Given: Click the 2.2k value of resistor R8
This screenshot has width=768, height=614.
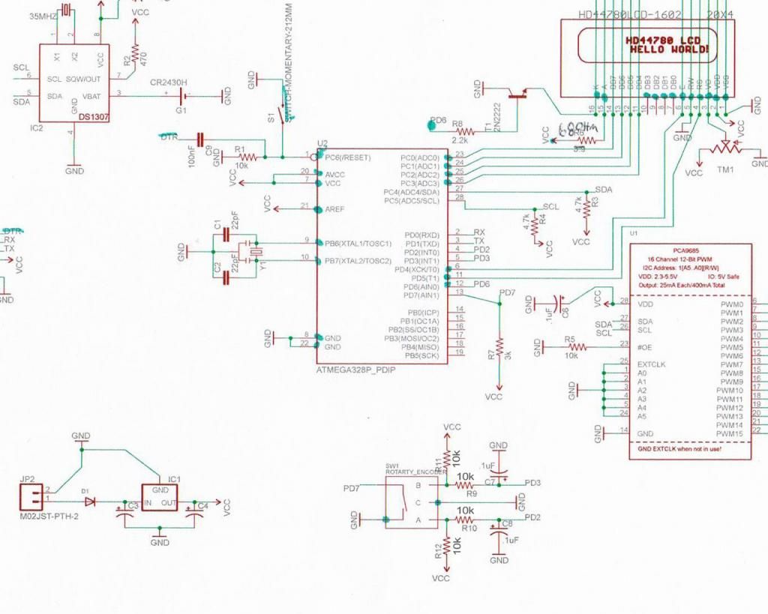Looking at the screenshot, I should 460,139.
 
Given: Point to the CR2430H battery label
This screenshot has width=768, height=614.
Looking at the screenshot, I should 169,82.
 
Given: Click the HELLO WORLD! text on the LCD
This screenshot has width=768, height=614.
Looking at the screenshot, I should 669,49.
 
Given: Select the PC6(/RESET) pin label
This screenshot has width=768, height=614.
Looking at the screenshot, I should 349,157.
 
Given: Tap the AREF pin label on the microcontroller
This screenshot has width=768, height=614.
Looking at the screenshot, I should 335,208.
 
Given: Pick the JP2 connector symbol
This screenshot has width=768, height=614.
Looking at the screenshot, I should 32,494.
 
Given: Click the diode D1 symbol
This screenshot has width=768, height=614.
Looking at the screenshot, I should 90,502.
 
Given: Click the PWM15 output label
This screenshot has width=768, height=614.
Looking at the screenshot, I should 729,434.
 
